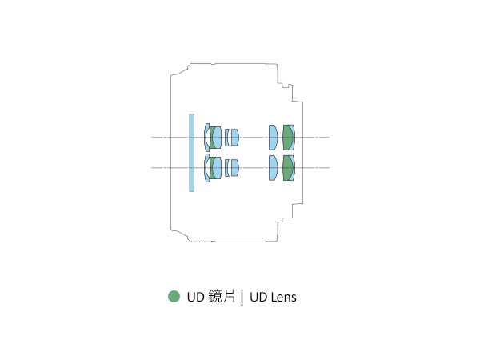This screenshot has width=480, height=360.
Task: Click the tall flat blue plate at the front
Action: (x=192, y=153)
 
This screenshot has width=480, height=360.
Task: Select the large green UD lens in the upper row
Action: (x=287, y=138)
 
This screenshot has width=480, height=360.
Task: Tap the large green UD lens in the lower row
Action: (x=287, y=168)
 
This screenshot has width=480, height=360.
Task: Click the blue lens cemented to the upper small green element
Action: (x=217, y=138)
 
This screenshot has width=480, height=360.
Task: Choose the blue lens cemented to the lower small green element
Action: (x=217, y=168)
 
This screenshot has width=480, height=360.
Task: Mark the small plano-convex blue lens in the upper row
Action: (x=234, y=138)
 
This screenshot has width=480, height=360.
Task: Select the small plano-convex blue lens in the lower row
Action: (x=234, y=168)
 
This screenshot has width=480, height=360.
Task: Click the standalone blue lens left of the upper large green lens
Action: (x=273, y=138)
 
